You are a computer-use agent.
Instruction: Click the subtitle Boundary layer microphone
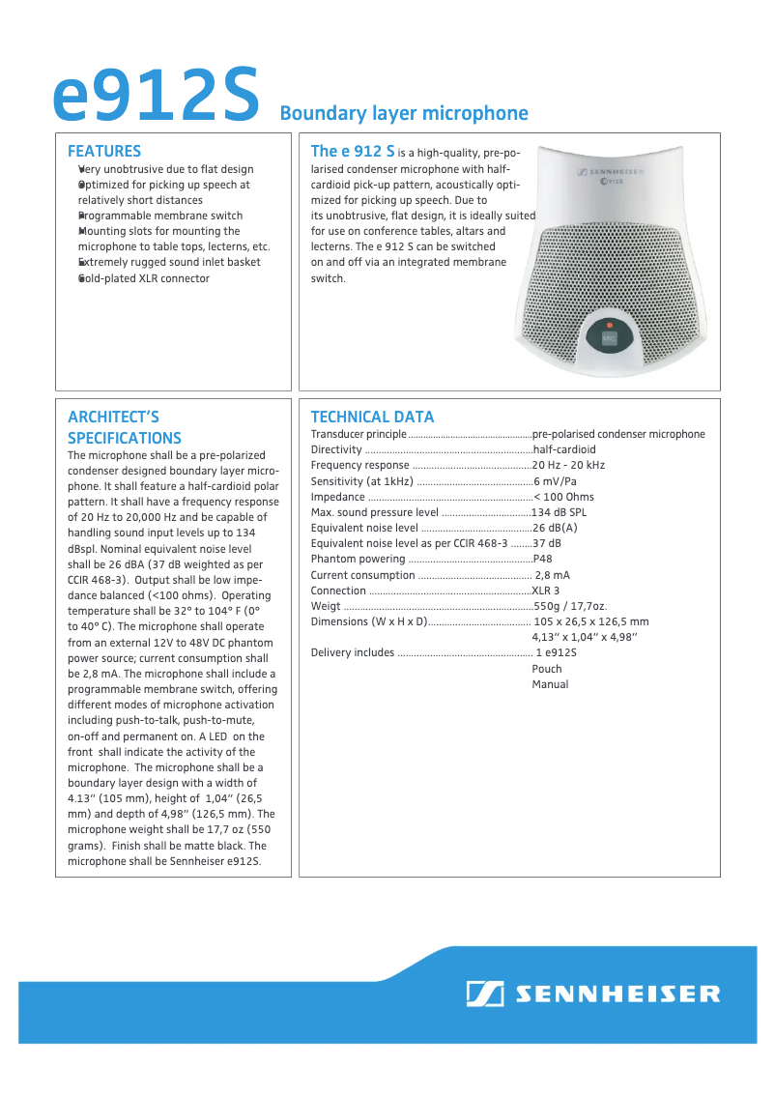pos(403,113)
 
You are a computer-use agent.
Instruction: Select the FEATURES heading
pos(104,151)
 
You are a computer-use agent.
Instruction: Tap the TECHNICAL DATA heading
pos(372,417)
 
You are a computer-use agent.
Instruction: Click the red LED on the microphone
pos(609,325)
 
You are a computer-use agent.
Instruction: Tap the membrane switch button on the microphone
pos(609,339)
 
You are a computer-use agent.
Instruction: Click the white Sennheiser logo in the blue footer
pos(593,994)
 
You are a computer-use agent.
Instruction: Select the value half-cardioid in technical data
pos(564,449)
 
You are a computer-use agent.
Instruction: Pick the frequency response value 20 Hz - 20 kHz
pos(568,465)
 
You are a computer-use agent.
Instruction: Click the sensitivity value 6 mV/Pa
pos(555,481)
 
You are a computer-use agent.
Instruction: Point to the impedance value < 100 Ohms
pos(563,497)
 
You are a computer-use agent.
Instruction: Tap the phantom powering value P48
pos(542,559)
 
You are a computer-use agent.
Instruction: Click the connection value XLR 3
pos(545,591)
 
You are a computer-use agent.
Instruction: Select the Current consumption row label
pos(362,575)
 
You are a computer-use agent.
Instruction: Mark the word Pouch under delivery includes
pos(546,669)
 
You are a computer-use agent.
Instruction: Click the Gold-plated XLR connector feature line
pos(143,278)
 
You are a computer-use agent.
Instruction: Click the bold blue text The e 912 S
pos(352,151)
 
